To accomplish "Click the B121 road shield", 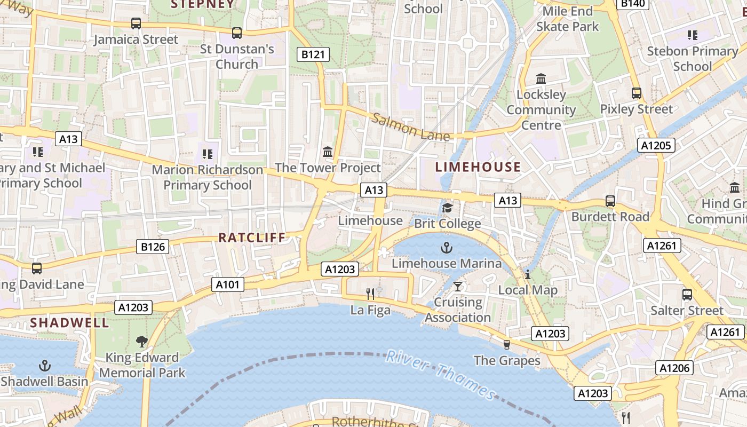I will click(313, 54).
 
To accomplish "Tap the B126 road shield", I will click(153, 247).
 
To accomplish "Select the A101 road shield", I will click(228, 284).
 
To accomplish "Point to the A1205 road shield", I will click(657, 145).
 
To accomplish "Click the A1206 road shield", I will click(674, 368).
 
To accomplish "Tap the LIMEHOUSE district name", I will click(478, 167).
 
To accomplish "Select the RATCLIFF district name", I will click(252, 238).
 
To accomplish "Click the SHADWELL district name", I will click(69, 322).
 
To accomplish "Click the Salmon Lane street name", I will click(411, 128).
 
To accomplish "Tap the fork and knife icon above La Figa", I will click(370, 294).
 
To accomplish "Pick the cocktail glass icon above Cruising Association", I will click(457, 286).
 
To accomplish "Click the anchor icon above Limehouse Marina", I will click(446, 248).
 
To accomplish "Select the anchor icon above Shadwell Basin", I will click(45, 366).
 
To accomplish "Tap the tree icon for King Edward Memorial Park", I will click(141, 341).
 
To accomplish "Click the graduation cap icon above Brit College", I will click(447, 208).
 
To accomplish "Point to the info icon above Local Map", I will click(528, 274).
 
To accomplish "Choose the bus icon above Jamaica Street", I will click(136, 23).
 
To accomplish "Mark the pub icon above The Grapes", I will click(507, 345).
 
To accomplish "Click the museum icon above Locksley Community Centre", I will click(541, 79).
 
